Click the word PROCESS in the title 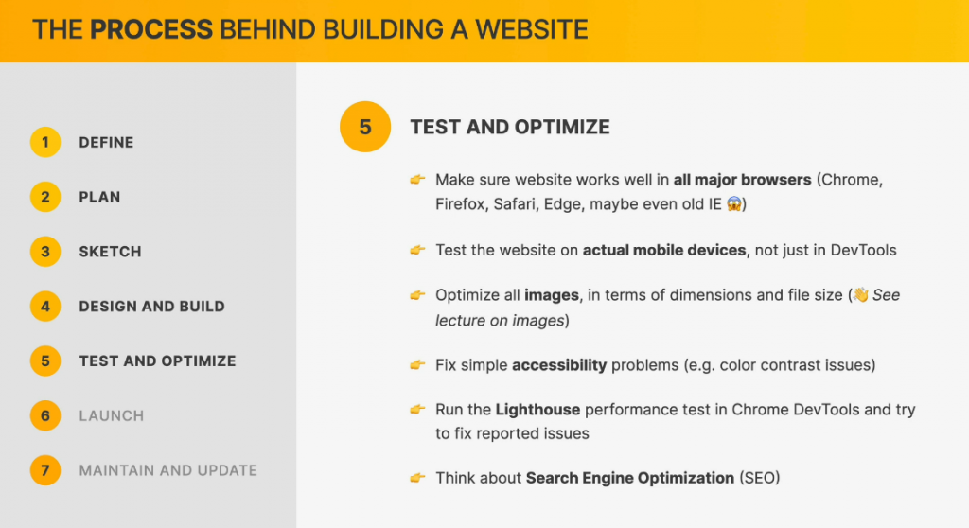click(x=151, y=29)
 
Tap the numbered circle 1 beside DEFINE click(x=45, y=142)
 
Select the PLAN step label click(x=99, y=197)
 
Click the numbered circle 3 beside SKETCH click(x=45, y=252)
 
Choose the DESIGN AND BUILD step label click(x=152, y=306)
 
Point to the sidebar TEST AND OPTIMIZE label click(x=158, y=361)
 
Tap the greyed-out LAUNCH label click(x=112, y=415)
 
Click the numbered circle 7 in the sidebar click(x=45, y=470)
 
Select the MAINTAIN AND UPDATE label click(x=168, y=470)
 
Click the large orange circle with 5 click(x=365, y=127)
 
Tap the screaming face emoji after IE click(x=733, y=204)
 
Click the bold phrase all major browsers click(x=742, y=180)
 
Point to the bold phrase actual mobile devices click(x=664, y=251)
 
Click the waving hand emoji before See click(x=860, y=295)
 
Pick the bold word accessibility click(x=559, y=365)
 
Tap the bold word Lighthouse click(x=537, y=410)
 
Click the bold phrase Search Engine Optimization click(x=629, y=479)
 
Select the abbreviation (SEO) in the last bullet click(x=760, y=479)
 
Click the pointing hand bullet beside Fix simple click(x=417, y=365)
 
